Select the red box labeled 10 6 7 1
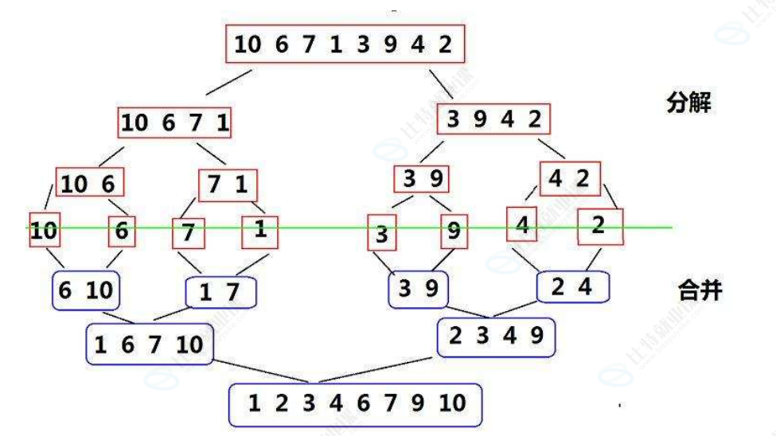(x=176, y=123)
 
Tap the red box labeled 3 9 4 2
(x=494, y=120)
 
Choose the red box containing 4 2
(x=569, y=179)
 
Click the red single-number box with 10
(x=45, y=232)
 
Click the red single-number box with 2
(x=599, y=225)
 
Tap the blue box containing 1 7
(x=220, y=293)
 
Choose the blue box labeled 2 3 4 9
(x=496, y=337)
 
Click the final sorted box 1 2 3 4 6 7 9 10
(x=355, y=404)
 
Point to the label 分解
(x=688, y=103)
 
